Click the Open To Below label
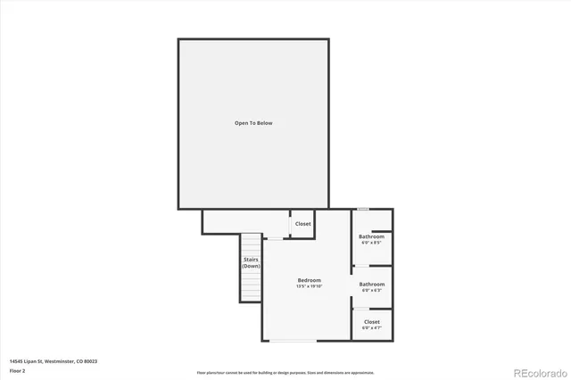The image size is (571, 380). tap(253, 123)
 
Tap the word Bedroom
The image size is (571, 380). tap(310, 280)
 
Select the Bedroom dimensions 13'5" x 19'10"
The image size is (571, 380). tap(310, 286)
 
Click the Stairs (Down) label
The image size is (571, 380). tap(252, 263)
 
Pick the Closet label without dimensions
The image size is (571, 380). tap(303, 224)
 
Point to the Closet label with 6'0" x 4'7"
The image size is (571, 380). tap(372, 321)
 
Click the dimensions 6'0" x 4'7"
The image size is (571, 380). tap(372, 327)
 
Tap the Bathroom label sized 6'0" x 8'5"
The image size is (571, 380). tap(371, 236)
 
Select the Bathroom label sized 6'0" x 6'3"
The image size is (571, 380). tap(372, 284)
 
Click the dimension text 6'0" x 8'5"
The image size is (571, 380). tap(371, 243)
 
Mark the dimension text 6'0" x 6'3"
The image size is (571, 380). tap(372, 290)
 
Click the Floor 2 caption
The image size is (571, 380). tap(18, 369)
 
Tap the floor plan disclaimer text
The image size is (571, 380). tap(286, 373)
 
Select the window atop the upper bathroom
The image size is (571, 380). tap(364, 209)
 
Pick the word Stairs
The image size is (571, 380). tap(252, 260)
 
